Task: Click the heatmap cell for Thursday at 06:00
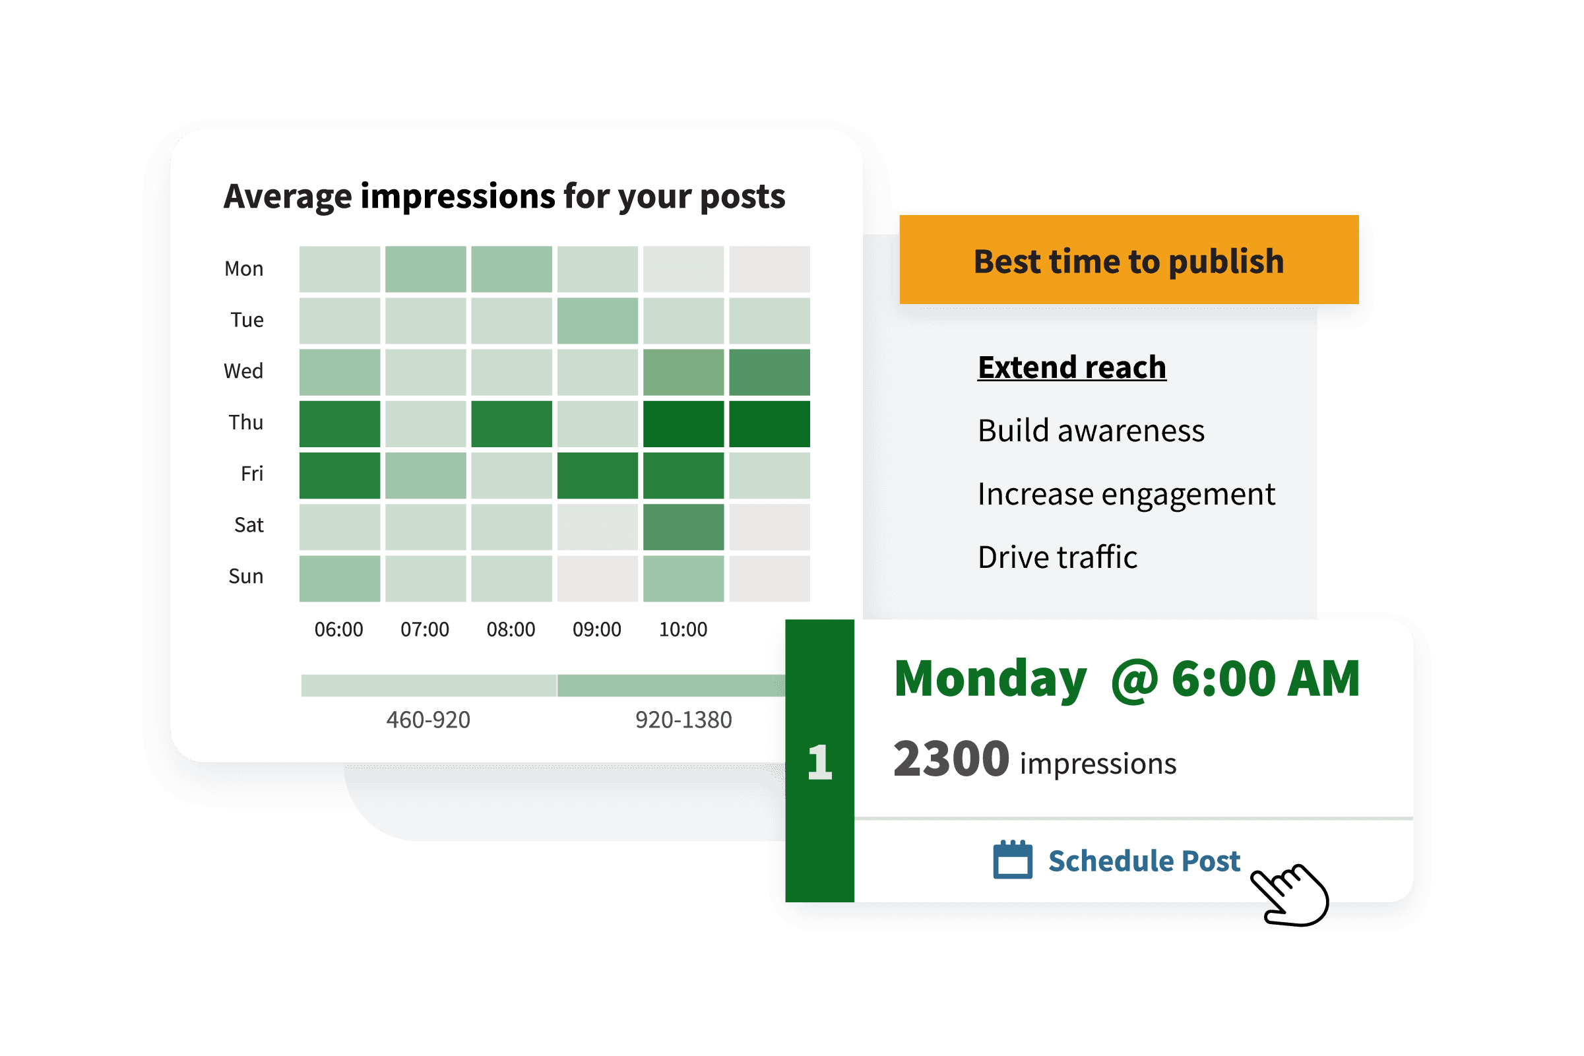339,423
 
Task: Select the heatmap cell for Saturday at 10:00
683,526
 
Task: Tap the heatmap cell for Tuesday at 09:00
597,321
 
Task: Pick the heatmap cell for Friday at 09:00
597,476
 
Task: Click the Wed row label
243,371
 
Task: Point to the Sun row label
246,576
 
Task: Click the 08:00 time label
511,630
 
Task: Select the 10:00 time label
683,630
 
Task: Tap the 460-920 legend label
428,720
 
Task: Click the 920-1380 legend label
683,720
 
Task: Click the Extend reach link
1071,367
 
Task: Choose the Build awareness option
1091,431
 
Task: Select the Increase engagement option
1126,495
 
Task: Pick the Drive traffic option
1058,557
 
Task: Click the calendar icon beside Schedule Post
1013,859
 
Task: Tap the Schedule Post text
1144,861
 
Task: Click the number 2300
951,760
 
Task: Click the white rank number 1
819,762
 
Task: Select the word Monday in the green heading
990,680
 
